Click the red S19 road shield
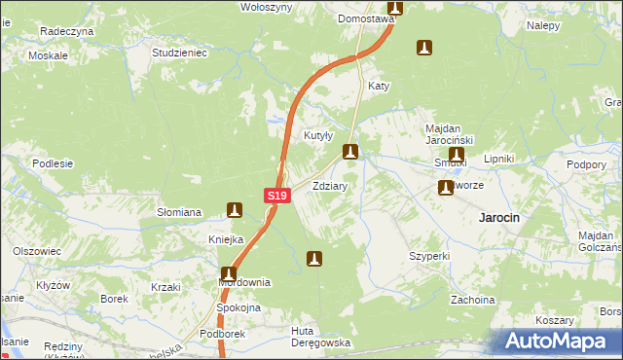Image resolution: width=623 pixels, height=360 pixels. (x=276, y=196)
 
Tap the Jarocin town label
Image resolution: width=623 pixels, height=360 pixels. (x=497, y=218)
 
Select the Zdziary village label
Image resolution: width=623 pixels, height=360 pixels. (x=330, y=185)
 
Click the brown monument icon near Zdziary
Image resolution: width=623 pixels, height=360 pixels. (x=350, y=152)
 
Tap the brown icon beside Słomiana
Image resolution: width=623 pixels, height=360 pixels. (x=234, y=208)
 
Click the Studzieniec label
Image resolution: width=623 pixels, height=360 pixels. (x=180, y=53)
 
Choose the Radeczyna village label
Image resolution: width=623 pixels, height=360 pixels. (x=66, y=31)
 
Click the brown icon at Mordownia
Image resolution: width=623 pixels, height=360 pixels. (x=228, y=274)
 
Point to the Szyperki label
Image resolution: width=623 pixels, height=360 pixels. (x=429, y=256)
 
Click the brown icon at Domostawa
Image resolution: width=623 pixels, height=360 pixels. (x=395, y=8)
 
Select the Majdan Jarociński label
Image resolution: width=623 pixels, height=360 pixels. (x=449, y=134)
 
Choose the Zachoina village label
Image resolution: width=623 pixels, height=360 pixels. (x=472, y=300)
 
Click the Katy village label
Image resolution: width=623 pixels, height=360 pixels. (x=379, y=86)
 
